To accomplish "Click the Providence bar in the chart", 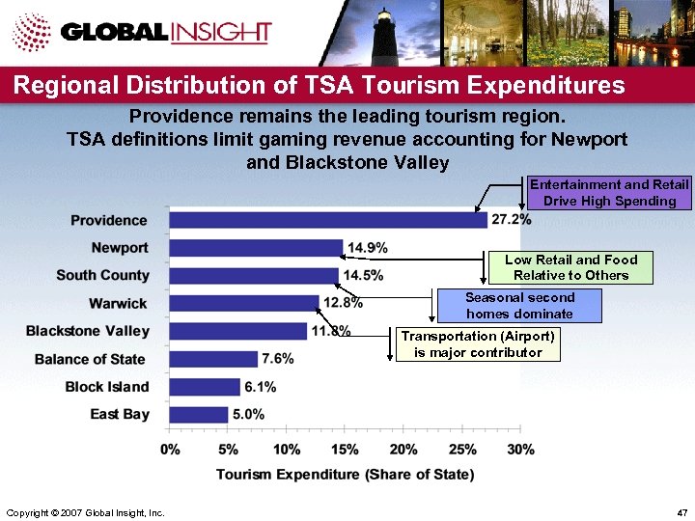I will (x=328, y=220).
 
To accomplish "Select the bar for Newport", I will (x=256, y=248).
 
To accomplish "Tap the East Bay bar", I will (x=199, y=414).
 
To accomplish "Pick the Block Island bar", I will (x=205, y=387).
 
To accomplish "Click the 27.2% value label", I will (x=512, y=220).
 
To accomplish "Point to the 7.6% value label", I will (x=277, y=359).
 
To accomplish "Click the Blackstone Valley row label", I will (x=88, y=331).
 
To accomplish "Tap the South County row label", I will (x=102, y=275).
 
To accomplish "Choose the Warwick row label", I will (x=118, y=303).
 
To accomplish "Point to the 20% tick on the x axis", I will (x=403, y=450).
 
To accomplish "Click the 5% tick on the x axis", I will (x=229, y=450).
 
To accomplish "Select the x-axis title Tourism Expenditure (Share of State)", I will (x=345, y=474).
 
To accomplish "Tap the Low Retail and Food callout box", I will (x=570, y=267).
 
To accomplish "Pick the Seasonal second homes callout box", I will (x=519, y=306).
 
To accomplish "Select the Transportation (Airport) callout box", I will (x=478, y=344).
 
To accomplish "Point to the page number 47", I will (x=682, y=510).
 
